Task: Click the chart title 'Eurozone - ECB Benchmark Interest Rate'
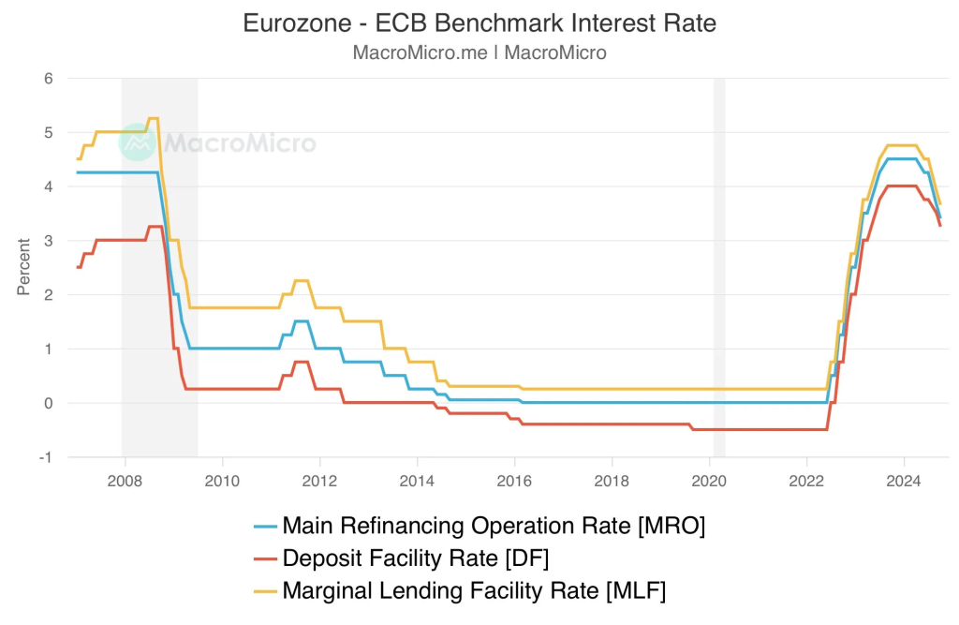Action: pos(479,23)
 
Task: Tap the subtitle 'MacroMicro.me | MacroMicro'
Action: pos(479,52)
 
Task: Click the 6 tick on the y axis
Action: pos(47,79)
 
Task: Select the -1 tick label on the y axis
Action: pos(45,457)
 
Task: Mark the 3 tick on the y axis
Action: pos(47,241)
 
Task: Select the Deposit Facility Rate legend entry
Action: pos(415,558)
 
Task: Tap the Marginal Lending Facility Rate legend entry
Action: pos(474,590)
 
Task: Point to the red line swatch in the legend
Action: pos(266,558)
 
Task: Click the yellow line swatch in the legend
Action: pos(266,590)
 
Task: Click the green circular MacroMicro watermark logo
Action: pos(137,142)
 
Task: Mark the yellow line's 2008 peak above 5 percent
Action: pos(154,118)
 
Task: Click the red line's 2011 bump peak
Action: pos(301,362)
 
